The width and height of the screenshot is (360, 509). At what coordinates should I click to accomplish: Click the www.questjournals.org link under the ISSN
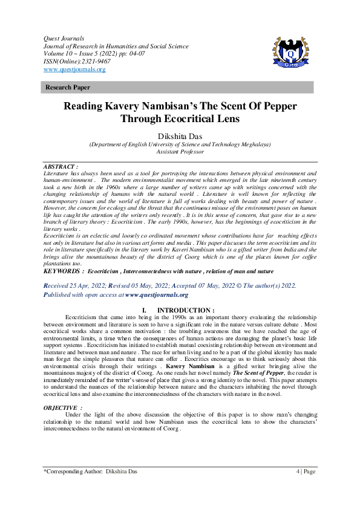tap(74, 70)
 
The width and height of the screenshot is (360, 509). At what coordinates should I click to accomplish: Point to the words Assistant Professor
tap(180, 152)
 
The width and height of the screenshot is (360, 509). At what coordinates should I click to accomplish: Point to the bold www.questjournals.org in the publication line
tap(157, 294)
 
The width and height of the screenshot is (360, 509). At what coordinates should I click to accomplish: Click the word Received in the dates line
tap(61, 285)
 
